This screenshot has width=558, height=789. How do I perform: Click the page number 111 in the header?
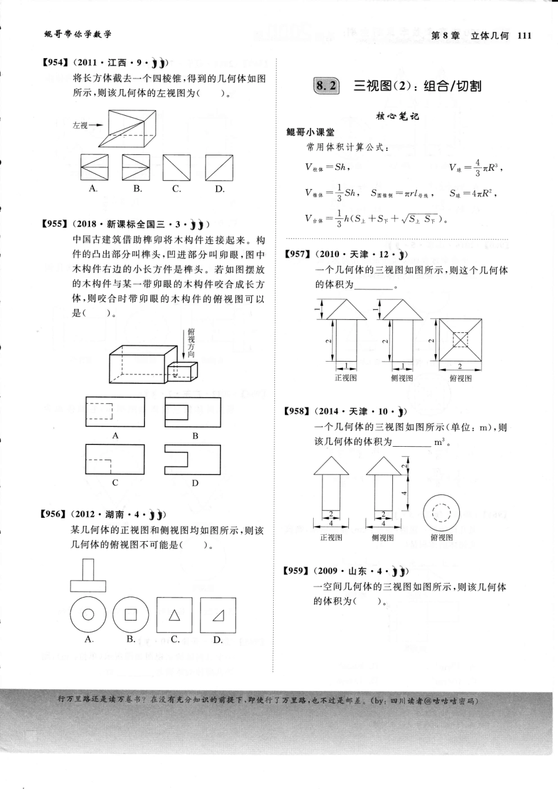pyautogui.click(x=525, y=35)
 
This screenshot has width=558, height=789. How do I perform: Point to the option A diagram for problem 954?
pyautogui.click(x=94, y=168)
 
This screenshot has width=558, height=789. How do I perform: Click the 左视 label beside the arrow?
pyautogui.click(x=80, y=125)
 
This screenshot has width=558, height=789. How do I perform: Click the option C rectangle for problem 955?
pyautogui.click(x=115, y=458)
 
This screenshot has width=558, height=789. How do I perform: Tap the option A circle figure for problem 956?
pyautogui.click(x=88, y=614)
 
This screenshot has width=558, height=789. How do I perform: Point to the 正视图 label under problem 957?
pyautogui.click(x=345, y=378)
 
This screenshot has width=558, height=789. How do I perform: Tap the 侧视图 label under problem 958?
pyautogui.click(x=383, y=537)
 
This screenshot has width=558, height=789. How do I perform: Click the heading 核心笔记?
pyautogui.click(x=398, y=116)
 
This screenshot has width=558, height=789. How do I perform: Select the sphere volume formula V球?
pyautogui.click(x=476, y=167)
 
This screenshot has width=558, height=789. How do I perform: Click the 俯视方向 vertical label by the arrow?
pyautogui.click(x=191, y=343)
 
